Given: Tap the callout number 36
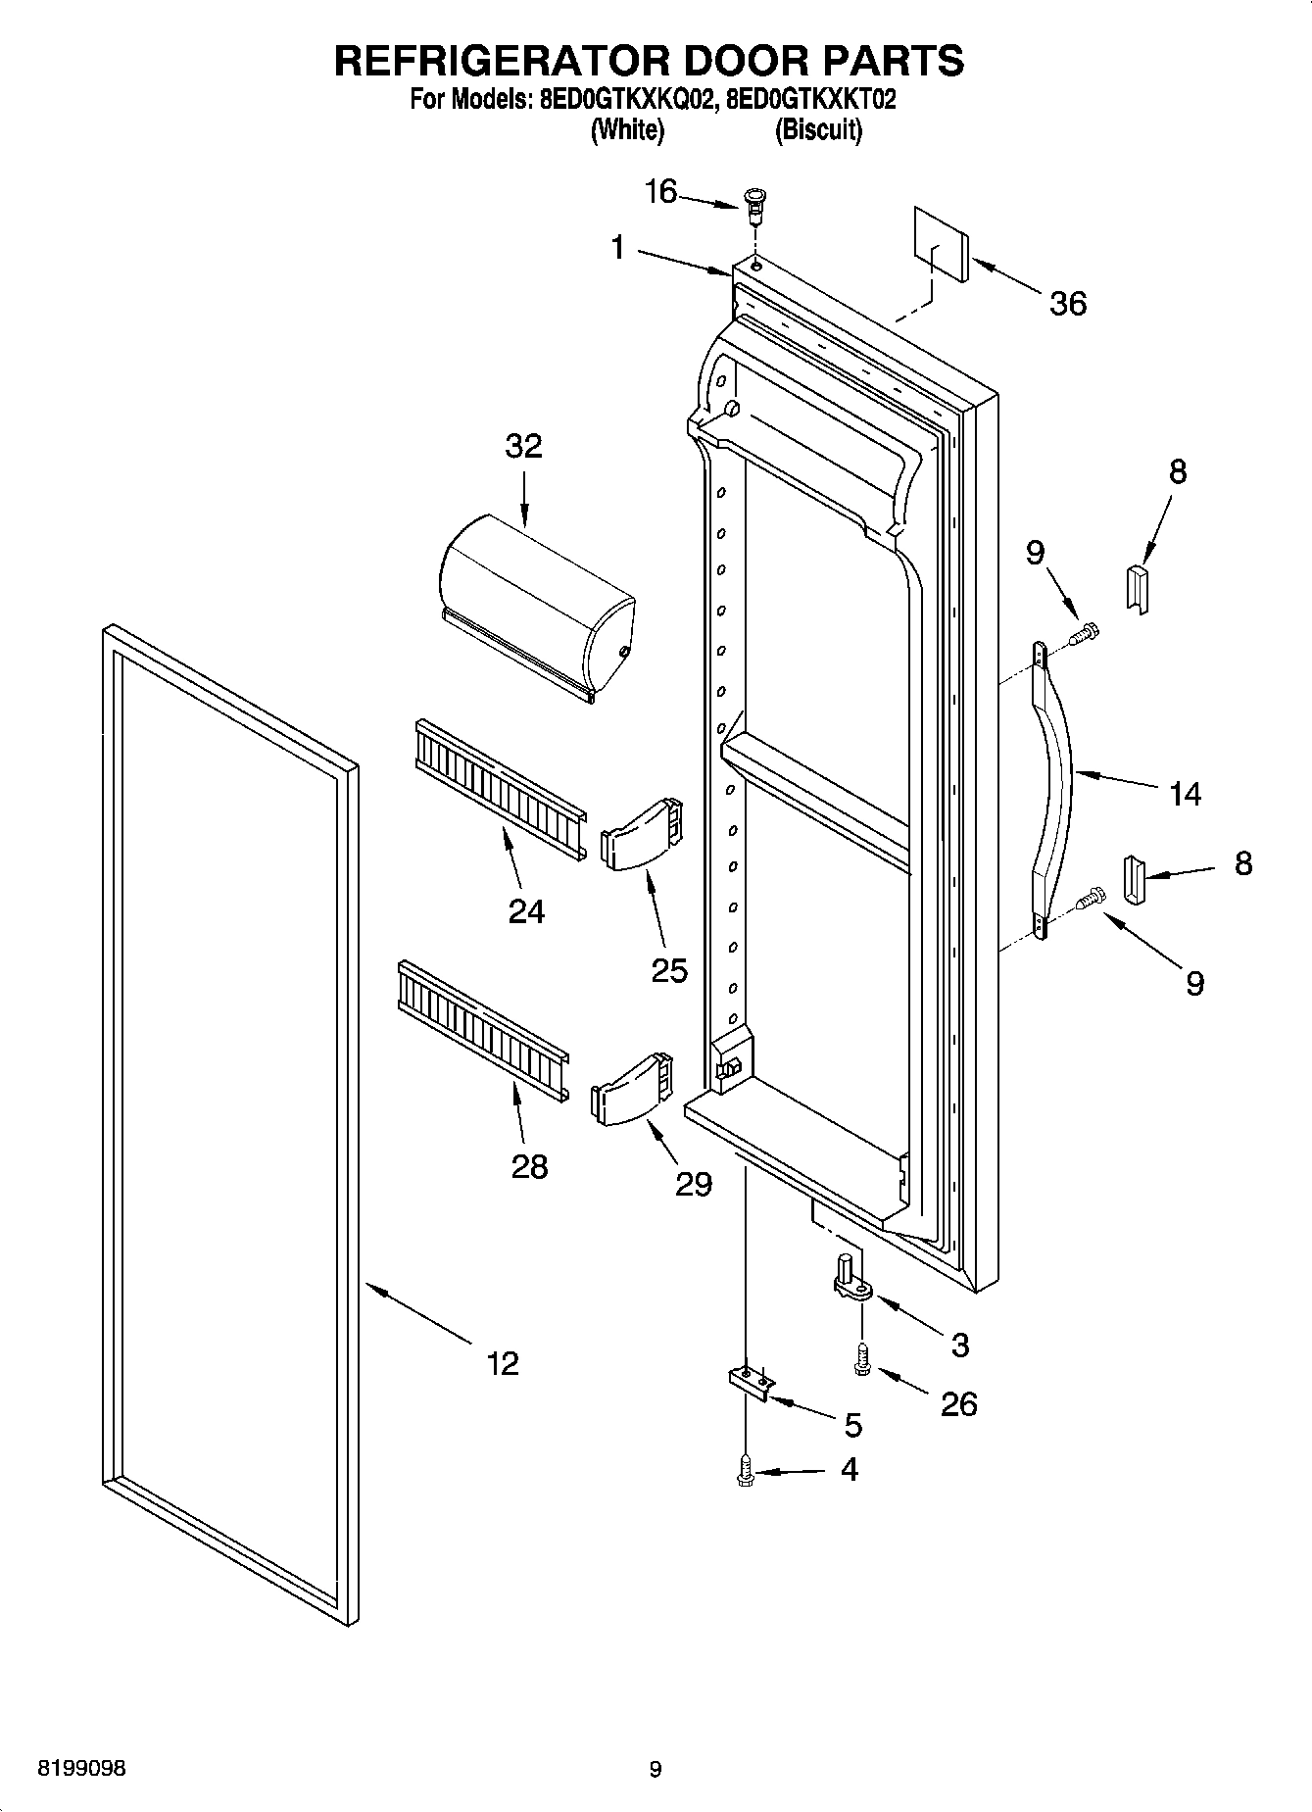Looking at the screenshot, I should tap(1067, 304).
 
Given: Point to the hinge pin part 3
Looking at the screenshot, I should tap(850, 1280).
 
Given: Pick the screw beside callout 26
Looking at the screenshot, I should tap(862, 1360).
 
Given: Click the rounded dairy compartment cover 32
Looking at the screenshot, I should tap(534, 617).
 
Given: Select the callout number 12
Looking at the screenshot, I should tap(503, 1363).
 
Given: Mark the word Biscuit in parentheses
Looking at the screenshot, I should tap(818, 130).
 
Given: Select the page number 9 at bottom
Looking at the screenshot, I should tap(656, 1769).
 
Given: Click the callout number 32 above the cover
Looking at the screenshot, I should tap(523, 446).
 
